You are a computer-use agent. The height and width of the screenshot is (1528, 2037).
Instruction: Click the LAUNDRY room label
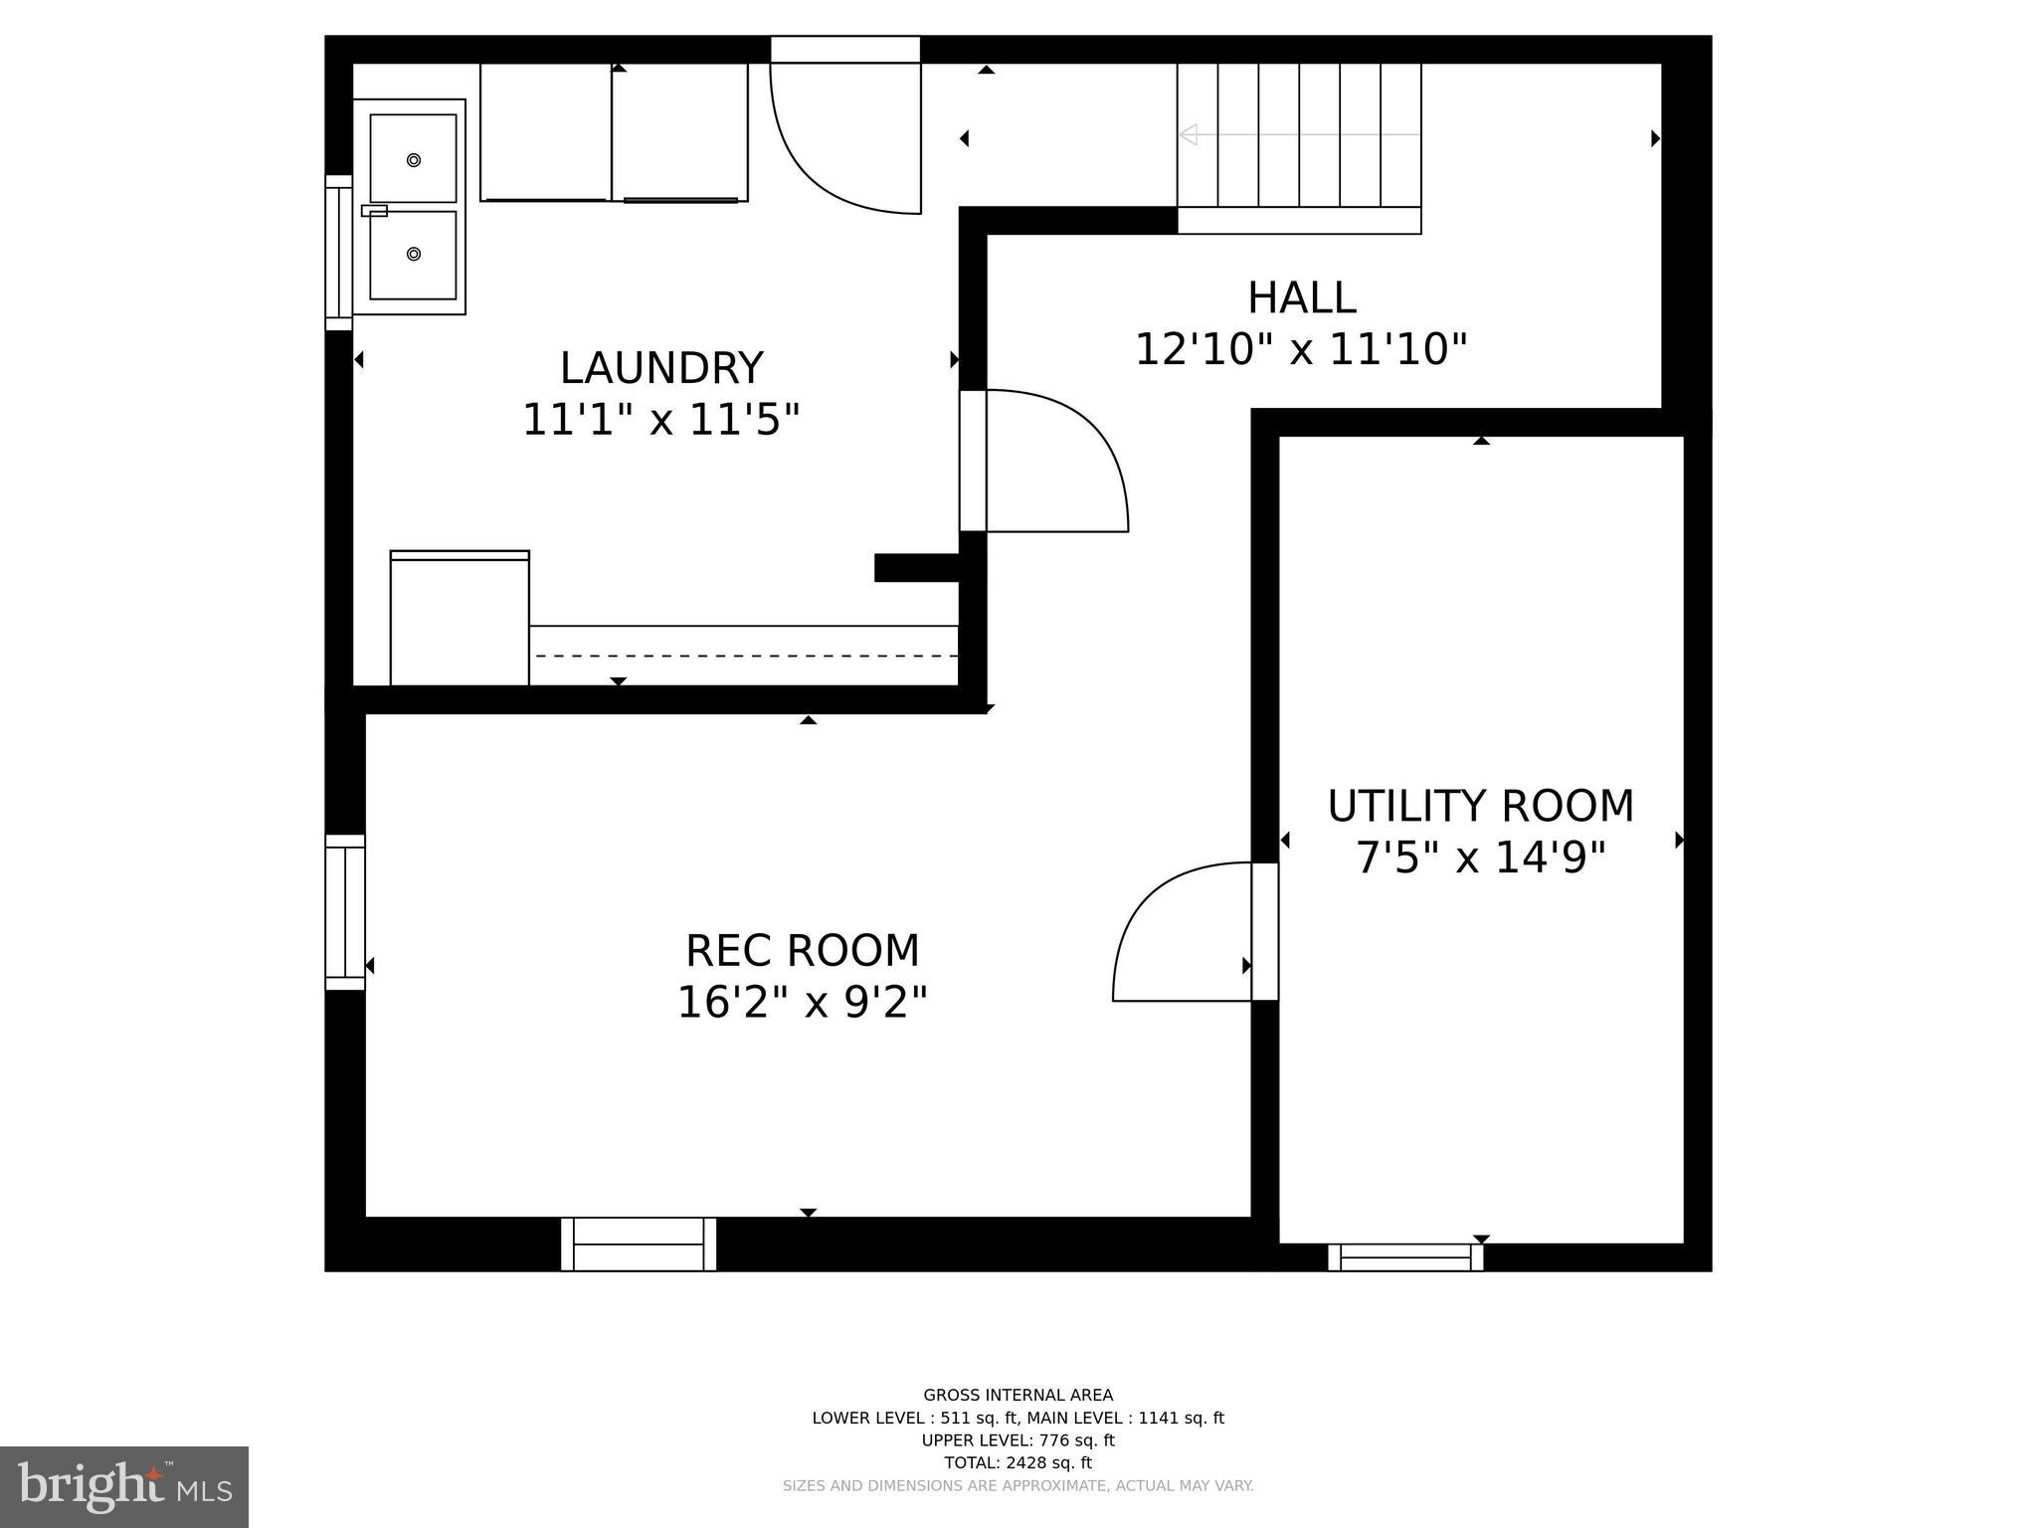661,368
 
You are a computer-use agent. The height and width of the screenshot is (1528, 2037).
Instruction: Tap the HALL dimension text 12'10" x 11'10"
1301,349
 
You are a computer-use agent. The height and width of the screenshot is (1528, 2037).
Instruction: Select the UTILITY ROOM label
1480,806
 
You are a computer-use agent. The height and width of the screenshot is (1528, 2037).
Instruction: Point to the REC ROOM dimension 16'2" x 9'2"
802,1002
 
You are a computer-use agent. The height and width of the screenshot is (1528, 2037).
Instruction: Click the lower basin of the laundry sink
414,255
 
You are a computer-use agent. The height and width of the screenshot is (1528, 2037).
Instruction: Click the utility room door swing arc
1174,925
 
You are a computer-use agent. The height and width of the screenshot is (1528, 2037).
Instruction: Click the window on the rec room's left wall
345,912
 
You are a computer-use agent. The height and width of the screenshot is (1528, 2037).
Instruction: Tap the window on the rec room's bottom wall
639,1243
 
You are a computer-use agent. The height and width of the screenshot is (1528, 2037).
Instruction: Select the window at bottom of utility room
1405,1257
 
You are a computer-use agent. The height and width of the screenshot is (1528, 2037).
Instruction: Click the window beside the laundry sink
339,253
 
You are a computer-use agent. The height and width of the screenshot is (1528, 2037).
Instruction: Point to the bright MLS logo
124,1486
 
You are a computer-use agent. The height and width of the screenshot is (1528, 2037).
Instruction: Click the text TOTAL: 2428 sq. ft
1018,1462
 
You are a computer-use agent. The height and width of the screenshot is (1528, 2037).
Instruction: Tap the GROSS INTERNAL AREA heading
1018,1395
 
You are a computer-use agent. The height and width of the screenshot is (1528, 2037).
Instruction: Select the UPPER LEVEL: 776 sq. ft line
1018,1440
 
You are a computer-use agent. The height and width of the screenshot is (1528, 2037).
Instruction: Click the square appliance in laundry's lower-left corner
460,619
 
